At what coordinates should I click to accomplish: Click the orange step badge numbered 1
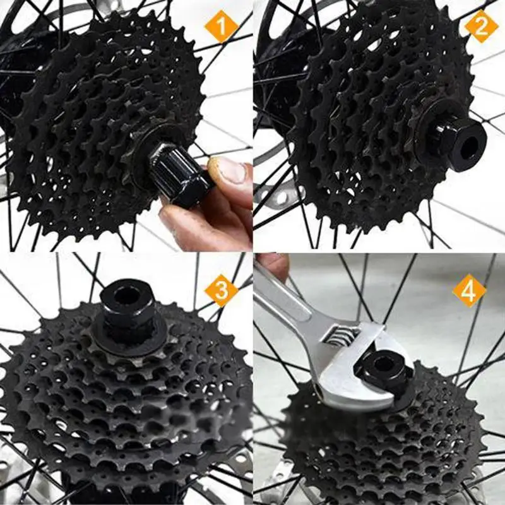(x=221, y=28)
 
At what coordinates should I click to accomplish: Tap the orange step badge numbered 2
(x=482, y=27)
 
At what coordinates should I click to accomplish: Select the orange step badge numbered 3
(x=221, y=291)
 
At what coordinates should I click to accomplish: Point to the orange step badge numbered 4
(x=469, y=291)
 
